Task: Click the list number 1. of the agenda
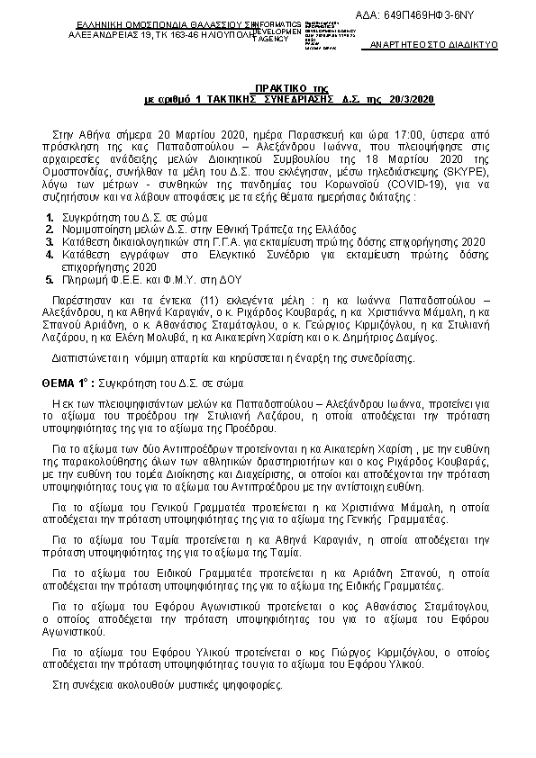pos(50,219)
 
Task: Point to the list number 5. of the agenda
pos(50,281)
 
